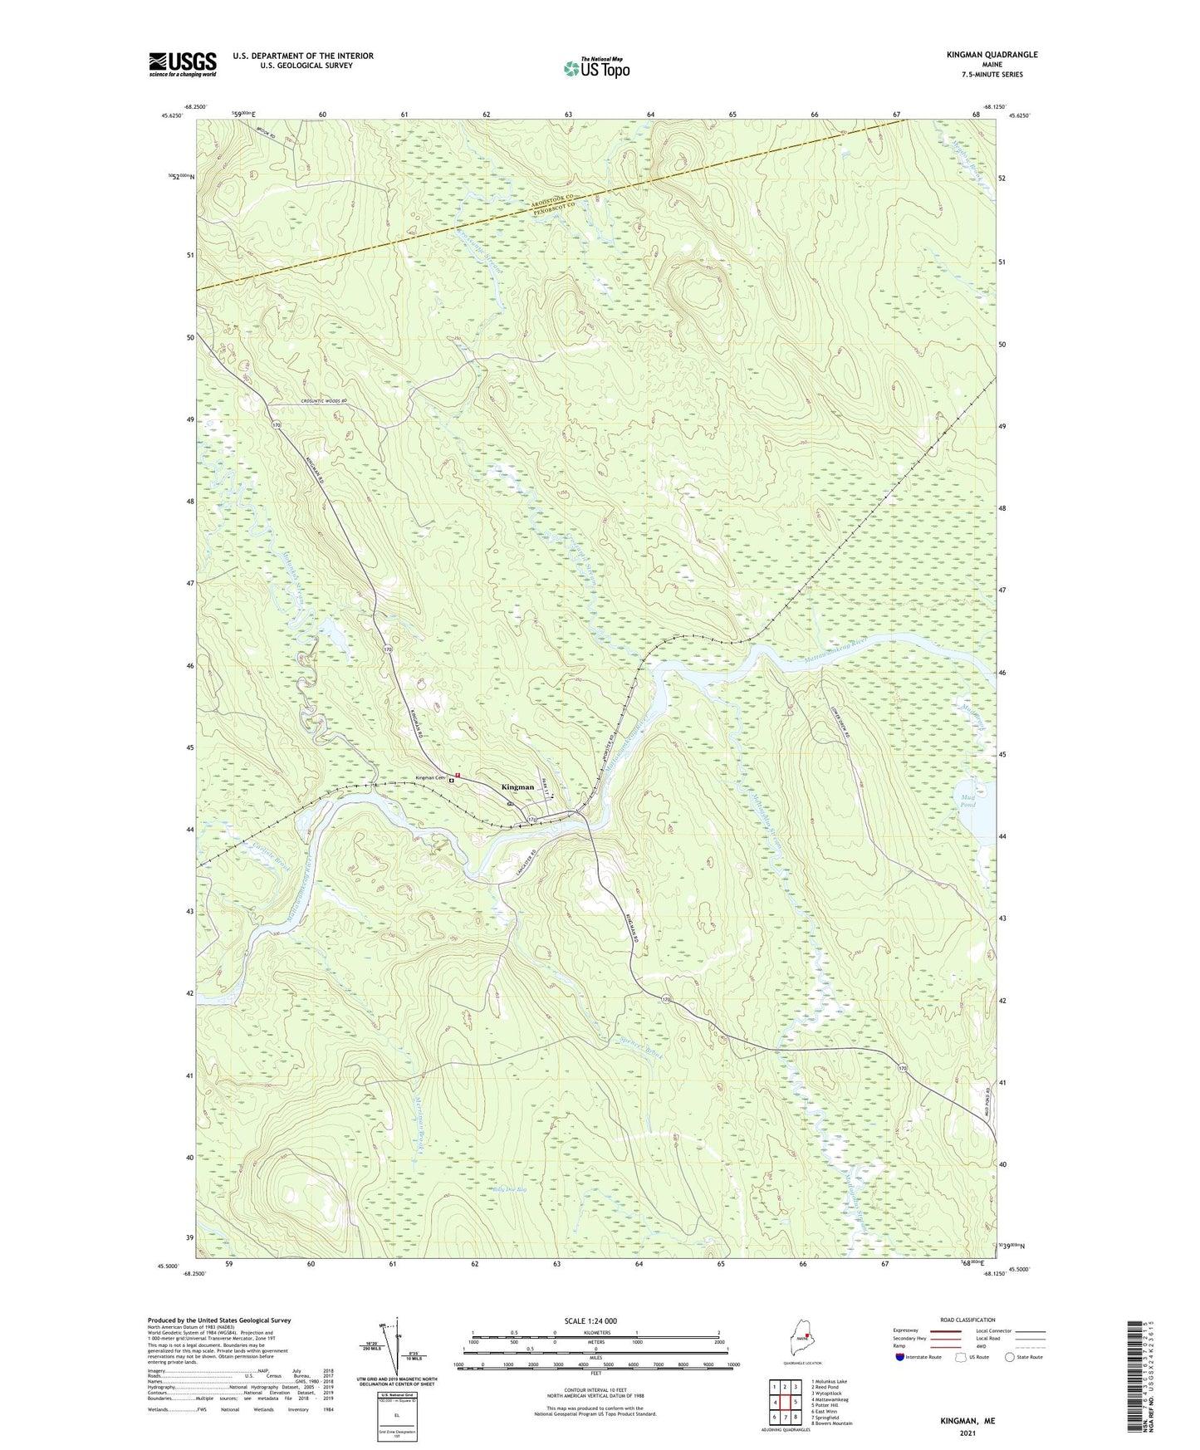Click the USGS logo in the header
pyautogui.click(x=183, y=63)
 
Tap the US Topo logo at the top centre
pyautogui.click(x=595, y=68)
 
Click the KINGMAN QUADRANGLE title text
pyautogui.click(x=992, y=55)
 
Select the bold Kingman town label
pyautogui.click(x=517, y=786)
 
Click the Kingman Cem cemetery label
pyautogui.click(x=430, y=778)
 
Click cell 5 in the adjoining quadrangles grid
pyautogui.click(x=795, y=1403)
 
